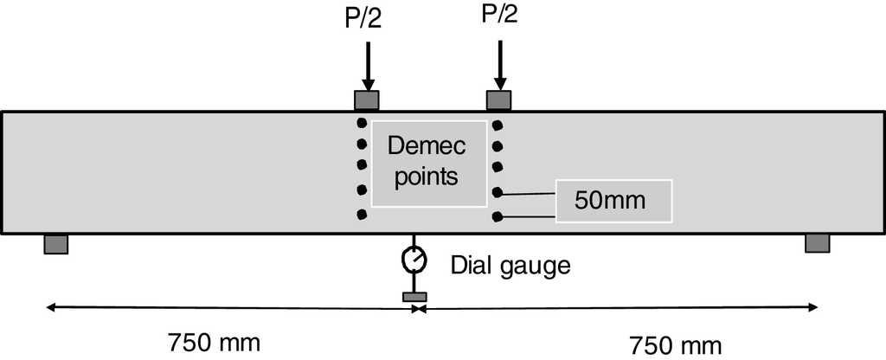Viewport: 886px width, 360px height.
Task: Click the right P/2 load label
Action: point(498,17)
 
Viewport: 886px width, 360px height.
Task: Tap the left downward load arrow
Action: point(369,65)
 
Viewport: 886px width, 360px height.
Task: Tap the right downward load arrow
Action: point(498,65)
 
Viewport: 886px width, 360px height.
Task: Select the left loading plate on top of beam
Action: point(368,100)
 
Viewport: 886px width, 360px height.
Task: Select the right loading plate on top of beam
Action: point(498,100)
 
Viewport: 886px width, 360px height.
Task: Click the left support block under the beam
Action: point(56,244)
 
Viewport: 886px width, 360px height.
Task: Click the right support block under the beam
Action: point(818,243)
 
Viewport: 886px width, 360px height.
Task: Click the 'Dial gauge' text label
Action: point(511,264)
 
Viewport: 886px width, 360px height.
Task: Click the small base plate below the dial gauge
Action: point(414,298)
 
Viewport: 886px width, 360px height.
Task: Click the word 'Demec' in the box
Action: point(427,145)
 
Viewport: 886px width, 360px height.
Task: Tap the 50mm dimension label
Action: point(611,201)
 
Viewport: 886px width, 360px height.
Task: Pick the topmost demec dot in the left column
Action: point(362,123)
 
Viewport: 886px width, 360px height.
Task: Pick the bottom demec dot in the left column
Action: point(362,214)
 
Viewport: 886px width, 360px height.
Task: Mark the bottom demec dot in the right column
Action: point(498,216)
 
